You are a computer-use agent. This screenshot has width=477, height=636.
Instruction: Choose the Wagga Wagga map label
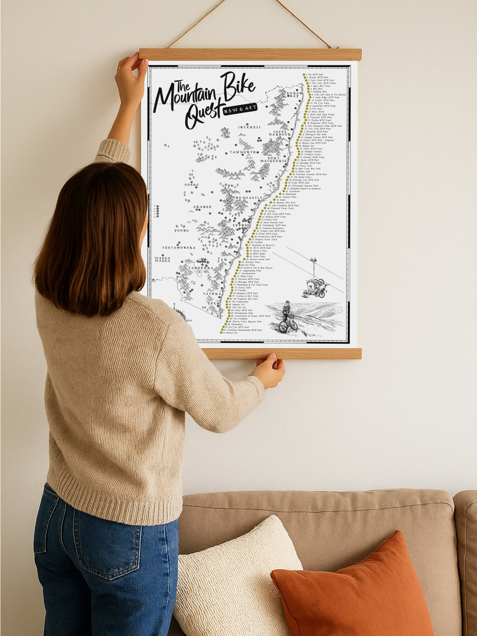(163, 259)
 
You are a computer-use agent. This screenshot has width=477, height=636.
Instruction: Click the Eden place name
(214, 303)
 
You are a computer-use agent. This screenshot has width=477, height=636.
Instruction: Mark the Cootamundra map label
(179, 248)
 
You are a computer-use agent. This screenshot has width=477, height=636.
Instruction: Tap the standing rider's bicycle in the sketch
(288, 325)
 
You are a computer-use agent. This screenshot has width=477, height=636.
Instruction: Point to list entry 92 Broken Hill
(231, 333)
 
